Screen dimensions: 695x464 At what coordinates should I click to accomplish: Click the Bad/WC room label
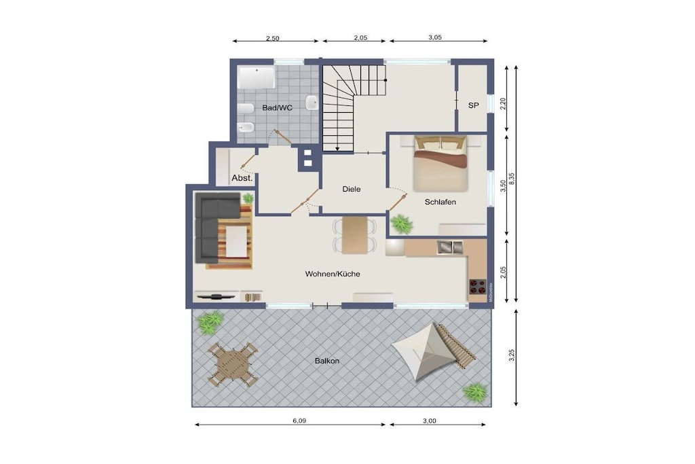(277, 108)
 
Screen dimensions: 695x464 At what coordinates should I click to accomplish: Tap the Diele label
(352, 189)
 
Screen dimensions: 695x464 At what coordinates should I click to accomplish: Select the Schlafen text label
(440, 202)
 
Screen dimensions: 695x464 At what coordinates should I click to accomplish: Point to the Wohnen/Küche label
(333, 274)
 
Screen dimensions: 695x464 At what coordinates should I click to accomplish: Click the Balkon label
(327, 361)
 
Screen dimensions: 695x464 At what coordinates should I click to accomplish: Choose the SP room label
(473, 105)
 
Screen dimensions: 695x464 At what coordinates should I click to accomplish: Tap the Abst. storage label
(242, 178)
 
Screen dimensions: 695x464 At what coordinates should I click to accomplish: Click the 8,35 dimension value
(512, 179)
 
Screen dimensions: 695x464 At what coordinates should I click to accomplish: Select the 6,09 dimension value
(299, 421)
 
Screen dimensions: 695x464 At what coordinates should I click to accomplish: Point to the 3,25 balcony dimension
(512, 356)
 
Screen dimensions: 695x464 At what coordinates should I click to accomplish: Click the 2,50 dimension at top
(273, 38)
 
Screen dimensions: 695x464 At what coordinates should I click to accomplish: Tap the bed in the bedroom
(440, 164)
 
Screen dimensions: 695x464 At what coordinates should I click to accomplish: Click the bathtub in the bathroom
(256, 77)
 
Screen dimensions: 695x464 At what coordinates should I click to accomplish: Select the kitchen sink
(450, 247)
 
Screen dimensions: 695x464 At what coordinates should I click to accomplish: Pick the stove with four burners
(478, 287)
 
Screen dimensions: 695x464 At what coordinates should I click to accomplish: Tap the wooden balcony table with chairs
(233, 365)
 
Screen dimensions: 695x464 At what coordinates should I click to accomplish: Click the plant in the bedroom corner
(402, 224)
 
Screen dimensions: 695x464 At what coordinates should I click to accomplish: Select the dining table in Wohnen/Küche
(354, 235)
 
